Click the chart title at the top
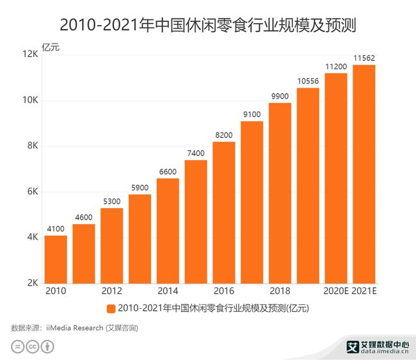point(208,26)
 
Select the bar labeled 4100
point(56,259)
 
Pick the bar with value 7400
point(196,222)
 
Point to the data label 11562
point(364,58)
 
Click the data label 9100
point(252,115)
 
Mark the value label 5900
point(140,188)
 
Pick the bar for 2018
point(280,193)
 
